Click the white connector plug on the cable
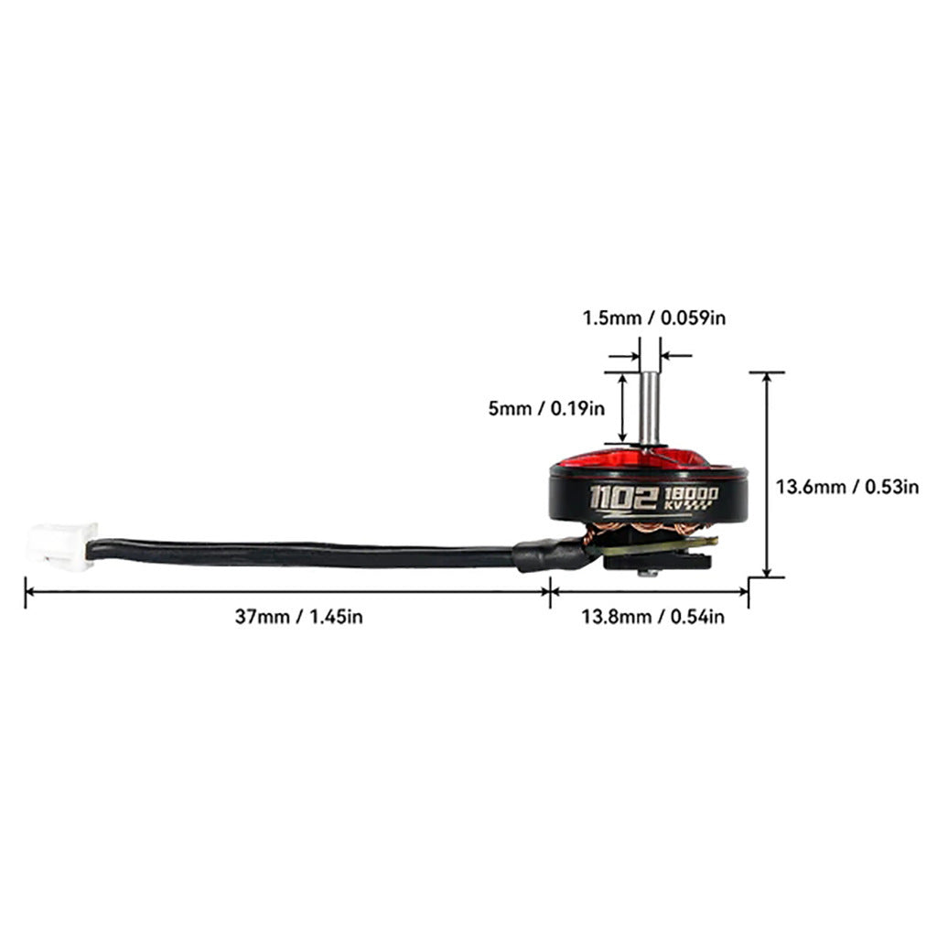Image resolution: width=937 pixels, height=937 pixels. [x=61, y=546]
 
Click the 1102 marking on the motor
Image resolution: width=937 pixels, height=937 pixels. [x=624, y=499]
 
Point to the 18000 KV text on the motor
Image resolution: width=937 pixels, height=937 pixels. [x=692, y=499]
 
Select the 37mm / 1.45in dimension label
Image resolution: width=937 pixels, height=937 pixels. [x=299, y=616]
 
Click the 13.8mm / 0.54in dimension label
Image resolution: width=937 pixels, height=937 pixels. [x=653, y=616]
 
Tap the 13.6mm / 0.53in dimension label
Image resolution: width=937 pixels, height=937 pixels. [x=846, y=487]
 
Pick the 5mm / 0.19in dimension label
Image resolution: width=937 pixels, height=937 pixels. [x=546, y=409]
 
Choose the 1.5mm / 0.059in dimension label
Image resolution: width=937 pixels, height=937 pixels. [x=654, y=318]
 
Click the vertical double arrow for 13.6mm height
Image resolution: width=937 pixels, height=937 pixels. [x=767, y=475]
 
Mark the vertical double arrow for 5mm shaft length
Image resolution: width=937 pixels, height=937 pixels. [x=623, y=409]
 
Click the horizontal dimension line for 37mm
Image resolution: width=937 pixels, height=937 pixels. [x=287, y=592]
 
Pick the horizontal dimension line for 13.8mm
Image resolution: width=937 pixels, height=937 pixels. [x=650, y=592]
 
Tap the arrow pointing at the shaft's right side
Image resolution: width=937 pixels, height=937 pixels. [x=676, y=356]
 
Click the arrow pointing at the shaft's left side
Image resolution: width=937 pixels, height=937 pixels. [x=624, y=356]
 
